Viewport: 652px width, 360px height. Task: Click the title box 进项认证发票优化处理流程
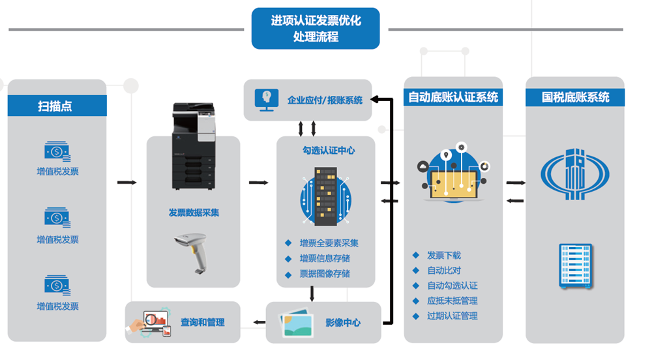(x=316, y=29)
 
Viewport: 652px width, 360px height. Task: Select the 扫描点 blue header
(x=57, y=106)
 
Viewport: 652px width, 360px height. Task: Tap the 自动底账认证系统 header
(x=452, y=97)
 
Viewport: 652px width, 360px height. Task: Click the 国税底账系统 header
(x=575, y=97)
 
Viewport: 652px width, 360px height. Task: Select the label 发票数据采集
(x=194, y=213)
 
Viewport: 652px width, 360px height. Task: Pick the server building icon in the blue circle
(x=325, y=194)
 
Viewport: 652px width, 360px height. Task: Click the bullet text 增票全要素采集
(x=329, y=243)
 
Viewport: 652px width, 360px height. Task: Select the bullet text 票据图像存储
(x=325, y=273)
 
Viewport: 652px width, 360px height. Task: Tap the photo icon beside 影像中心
(x=296, y=322)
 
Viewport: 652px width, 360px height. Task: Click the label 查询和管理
(x=202, y=322)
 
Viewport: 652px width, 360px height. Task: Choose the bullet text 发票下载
(x=443, y=255)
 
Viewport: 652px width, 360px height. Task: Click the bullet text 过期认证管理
(x=452, y=316)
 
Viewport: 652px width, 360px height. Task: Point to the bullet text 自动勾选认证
(x=452, y=286)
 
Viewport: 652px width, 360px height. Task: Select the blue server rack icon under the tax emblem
(x=575, y=266)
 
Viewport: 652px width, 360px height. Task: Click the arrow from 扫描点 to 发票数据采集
(x=126, y=182)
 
